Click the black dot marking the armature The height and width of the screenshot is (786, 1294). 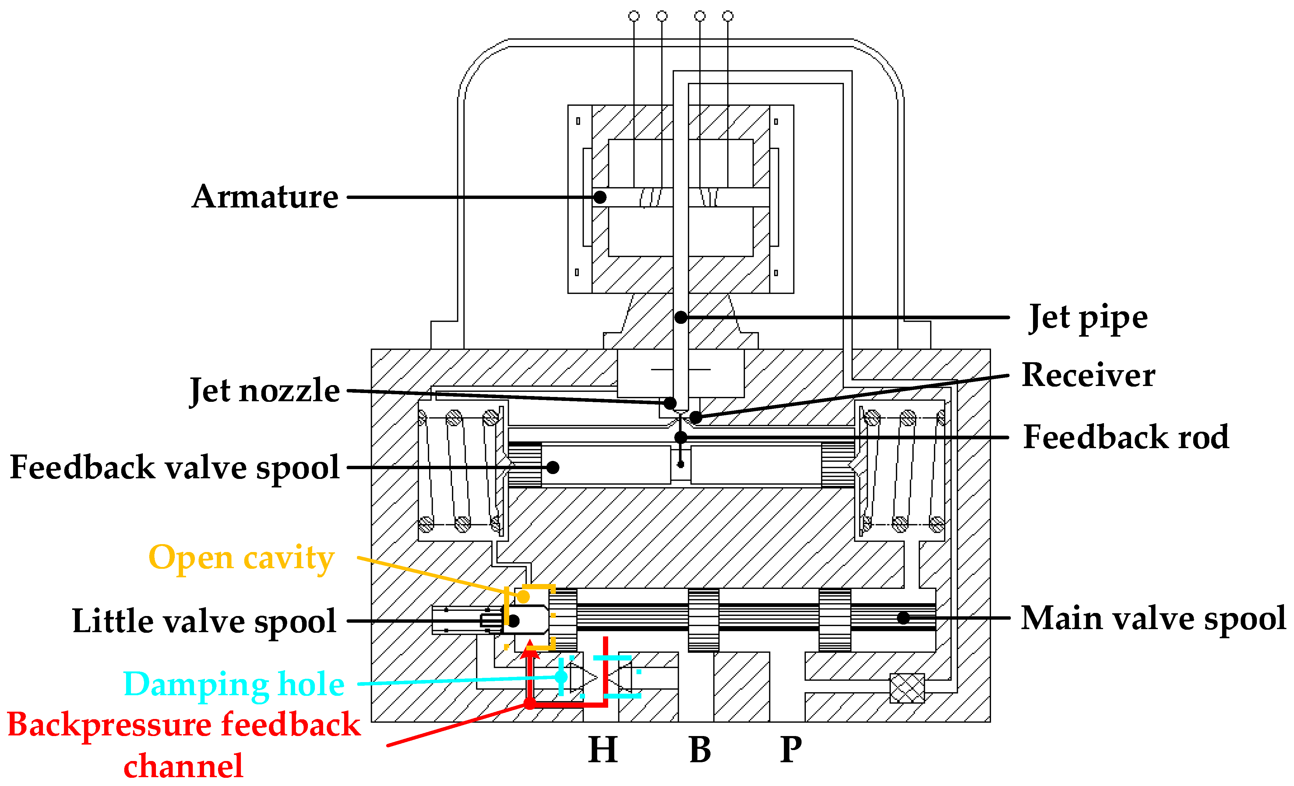(600, 197)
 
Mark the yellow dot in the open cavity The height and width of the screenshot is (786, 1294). (523, 597)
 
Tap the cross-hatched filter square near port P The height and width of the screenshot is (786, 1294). (907, 688)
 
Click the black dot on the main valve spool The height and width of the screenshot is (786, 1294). (903, 618)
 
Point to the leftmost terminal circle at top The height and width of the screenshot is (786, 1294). (634, 16)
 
